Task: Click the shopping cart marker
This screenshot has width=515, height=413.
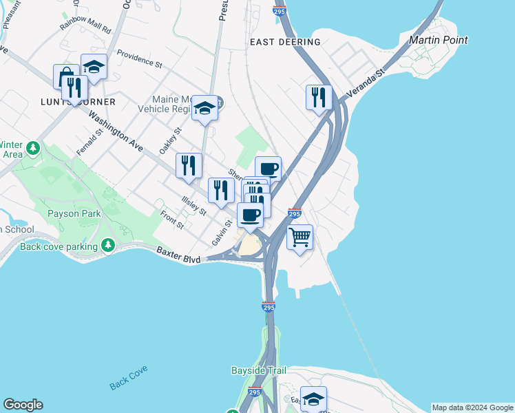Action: pyautogui.click(x=299, y=237)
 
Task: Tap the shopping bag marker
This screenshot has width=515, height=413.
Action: pyautogui.click(x=66, y=76)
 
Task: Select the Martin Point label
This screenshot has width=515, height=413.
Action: pyautogui.click(x=439, y=40)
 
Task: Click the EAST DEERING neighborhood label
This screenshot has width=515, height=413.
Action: pyautogui.click(x=285, y=42)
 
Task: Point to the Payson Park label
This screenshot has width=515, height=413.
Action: pyautogui.click(x=74, y=213)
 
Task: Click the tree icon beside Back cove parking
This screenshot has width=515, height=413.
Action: pyautogui.click(x=107, y=245)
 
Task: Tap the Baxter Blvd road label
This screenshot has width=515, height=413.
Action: pyautogui.click(x=178, y=255)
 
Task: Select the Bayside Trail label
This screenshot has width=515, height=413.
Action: pyautogui.click(x=257, y=370)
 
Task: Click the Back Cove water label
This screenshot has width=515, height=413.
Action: pyautogui.click(x=128, y=377)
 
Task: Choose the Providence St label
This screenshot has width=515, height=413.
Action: pyautogui.click(x=139, y=60)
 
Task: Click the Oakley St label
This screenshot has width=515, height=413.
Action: pyautogui.click(x=170, y=140)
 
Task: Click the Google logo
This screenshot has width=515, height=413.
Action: pyautogui.click(x=23, y=405)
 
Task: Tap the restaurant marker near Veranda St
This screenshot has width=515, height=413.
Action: pyautogui.click(x=318, y=97)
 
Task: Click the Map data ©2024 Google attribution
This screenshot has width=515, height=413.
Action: pyautogui.click(x=472, y=407)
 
